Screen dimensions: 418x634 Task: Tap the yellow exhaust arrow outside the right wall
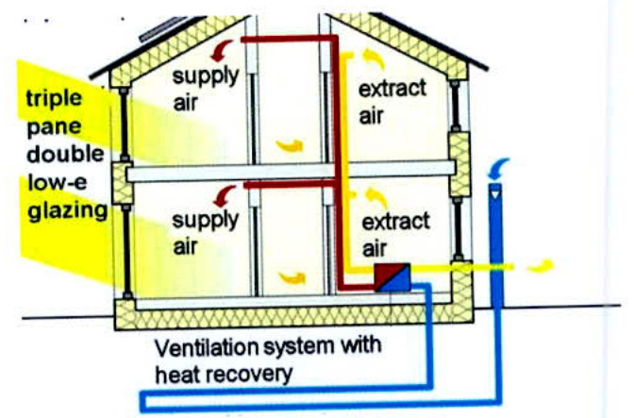pyautogui.click(x=541, y=267)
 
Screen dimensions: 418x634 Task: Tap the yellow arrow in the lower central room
pyautogui.click(x=291, y=277)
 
